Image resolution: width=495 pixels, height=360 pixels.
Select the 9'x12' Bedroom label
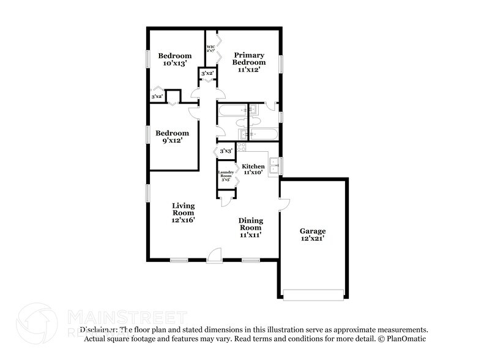(x=171, y=137)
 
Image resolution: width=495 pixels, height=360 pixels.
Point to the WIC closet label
(x=210, y=50)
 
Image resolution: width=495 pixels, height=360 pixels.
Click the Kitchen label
(x=253, y=170)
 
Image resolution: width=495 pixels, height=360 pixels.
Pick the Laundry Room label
(x=225, y=176)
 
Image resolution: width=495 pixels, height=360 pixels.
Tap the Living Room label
(x=183, y=212)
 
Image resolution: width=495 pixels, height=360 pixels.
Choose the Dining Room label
(x=251, y=227)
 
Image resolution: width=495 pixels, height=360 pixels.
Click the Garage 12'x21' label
(x=312, y=234)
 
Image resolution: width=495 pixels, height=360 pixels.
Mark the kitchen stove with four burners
(x=241, y=147)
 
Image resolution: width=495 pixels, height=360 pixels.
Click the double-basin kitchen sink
(x=274, y=165)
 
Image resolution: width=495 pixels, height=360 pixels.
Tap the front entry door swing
(x=214, y=255)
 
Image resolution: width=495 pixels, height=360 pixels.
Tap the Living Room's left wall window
(x=147, y=192)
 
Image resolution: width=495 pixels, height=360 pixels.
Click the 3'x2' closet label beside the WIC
(x=207, y=73)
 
